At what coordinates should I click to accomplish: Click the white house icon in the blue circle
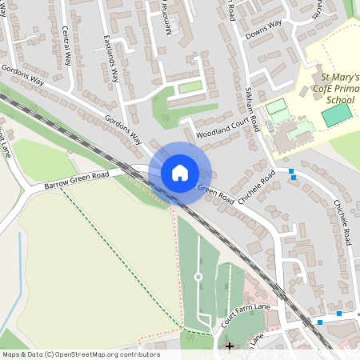[x=180, y=173]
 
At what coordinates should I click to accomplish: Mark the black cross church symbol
[x=230, y=346]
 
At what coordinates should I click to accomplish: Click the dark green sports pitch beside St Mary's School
[x=336, y=115]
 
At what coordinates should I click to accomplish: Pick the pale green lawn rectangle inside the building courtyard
[x=190, y=87]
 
